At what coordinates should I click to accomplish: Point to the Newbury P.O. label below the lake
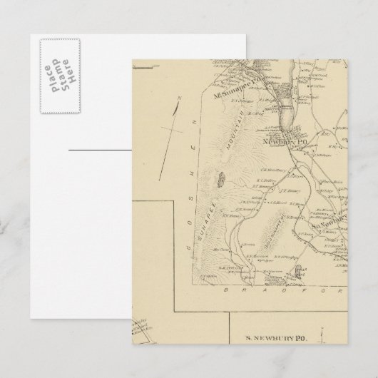(285, 141)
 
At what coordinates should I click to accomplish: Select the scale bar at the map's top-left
(143, 68)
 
